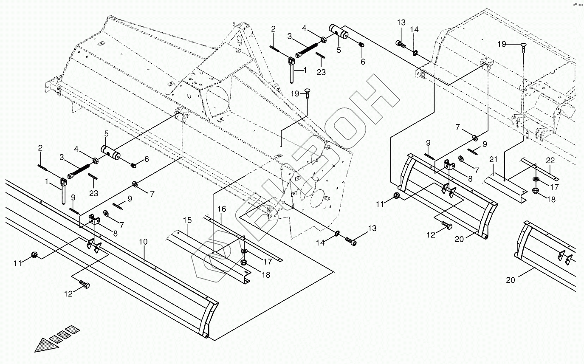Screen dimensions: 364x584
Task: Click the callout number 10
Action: click(143, 242)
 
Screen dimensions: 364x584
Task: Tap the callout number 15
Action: click(188, 220)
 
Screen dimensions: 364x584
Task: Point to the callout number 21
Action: click(493, 160)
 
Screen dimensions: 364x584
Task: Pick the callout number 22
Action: click(550, 160)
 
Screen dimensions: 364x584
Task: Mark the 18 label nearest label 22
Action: click(551, 199)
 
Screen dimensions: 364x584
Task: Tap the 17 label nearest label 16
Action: click(267, 262)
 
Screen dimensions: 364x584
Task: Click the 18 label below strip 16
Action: click(266, 275)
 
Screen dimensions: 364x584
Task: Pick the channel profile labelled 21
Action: click(505, 187)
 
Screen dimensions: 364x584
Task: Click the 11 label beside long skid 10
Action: click(17, 263)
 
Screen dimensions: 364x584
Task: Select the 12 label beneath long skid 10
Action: click(68, 293)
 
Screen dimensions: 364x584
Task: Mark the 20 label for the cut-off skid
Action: click(510, 280)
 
